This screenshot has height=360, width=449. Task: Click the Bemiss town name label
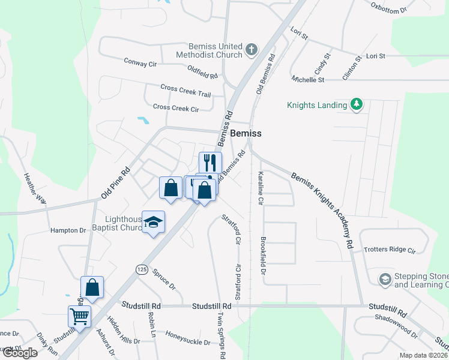pos(246,133)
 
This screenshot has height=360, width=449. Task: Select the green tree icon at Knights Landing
pos(357,104)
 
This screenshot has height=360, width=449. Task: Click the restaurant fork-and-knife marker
pos(210,163)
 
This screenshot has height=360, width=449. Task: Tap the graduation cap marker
pos(154,222)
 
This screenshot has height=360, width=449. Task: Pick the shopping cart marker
pos(79,316)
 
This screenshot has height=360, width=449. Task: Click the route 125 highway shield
pos(142,269)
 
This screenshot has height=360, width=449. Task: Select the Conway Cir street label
pos(140,62)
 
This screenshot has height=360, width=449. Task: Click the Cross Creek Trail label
pos(185,91)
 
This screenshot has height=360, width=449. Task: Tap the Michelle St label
pos(308,79)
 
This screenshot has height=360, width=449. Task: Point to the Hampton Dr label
pos(68,230)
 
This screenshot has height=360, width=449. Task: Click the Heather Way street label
pos(35,189)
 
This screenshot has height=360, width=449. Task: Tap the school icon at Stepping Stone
pos(384,279)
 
